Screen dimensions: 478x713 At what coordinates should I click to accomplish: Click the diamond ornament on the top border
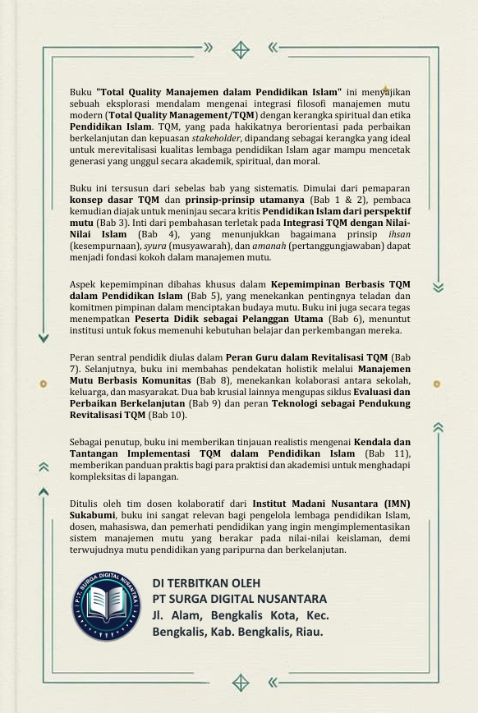click(x=240, y=49)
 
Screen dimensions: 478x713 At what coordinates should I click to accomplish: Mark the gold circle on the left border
click(x=44, y=383)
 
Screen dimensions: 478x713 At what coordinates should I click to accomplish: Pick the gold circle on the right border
click(x=437, y=383)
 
